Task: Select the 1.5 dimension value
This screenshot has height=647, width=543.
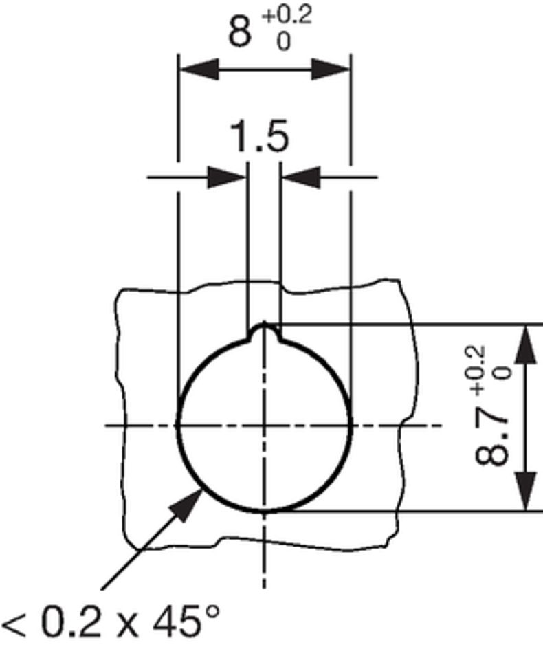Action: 259,138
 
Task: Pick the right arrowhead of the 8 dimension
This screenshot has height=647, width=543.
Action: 331,69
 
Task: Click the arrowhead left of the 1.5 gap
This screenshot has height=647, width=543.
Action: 228,177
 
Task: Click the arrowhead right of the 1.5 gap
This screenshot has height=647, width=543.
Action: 300,177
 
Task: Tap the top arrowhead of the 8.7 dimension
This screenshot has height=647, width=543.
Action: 526,344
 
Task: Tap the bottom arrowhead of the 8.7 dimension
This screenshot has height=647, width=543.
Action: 526,491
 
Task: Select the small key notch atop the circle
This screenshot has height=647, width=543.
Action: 263,333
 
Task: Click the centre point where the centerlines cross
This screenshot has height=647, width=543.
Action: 264,426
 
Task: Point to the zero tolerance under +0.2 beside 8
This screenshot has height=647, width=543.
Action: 283,41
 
